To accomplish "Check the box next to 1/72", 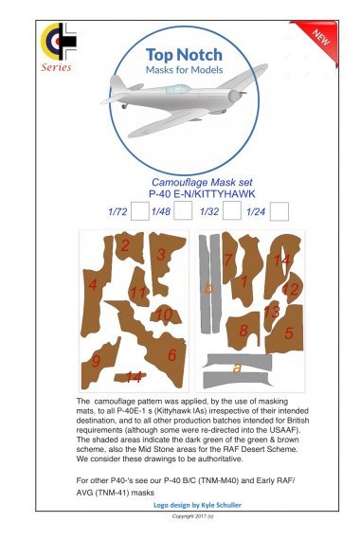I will tap(138, 211).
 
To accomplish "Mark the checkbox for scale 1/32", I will tap(232, 211).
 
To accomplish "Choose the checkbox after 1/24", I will tap(279, 211).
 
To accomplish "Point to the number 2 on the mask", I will tap(125, 245).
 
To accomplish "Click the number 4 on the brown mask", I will tap(92, 284).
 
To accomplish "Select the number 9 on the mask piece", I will tap(96, 361).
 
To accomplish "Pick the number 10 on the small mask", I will tap(163, 315).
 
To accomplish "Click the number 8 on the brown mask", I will tap(243, 331).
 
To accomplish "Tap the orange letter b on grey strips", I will tap(210, 287).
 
